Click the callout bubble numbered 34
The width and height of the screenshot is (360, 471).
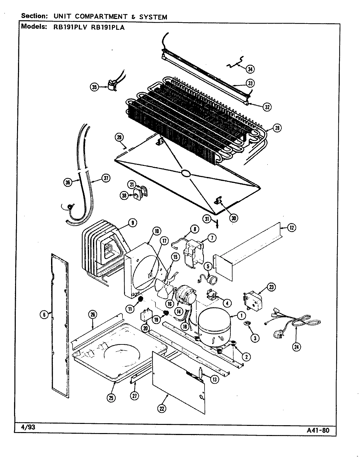coord(250,69)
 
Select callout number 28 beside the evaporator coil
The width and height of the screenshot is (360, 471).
coord(277,128)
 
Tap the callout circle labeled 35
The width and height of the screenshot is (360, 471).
coord(94,87)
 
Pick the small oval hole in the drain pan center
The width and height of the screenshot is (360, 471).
coord(185,174)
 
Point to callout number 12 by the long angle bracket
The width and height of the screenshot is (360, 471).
coord(291,228)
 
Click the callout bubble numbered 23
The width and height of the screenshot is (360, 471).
coord(271,288)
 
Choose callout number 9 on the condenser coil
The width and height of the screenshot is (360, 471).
coord(132,223)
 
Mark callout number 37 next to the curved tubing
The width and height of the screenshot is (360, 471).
coord(105,178)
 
